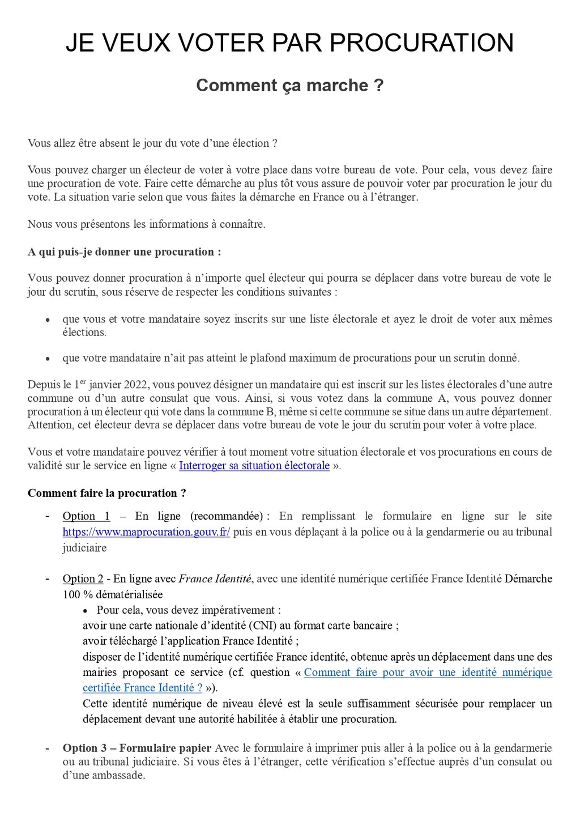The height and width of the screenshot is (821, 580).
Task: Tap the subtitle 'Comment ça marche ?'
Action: (x=289, y=86)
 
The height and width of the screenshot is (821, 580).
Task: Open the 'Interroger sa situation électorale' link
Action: (x=254, y=466)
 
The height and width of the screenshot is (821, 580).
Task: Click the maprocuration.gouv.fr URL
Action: (x=146, y=532)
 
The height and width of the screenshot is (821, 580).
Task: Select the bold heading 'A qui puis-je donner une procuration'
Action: (x=124, y=252)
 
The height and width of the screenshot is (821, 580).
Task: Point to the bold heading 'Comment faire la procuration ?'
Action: (x=106, y=494)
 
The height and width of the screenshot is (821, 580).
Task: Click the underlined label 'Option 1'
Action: (x=86, y=516)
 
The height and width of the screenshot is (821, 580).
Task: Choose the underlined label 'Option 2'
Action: (x=83, y=579)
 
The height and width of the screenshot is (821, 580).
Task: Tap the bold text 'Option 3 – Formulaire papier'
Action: (x=137, y=748)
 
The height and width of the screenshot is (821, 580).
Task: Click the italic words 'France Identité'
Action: (x=215, y=579)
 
